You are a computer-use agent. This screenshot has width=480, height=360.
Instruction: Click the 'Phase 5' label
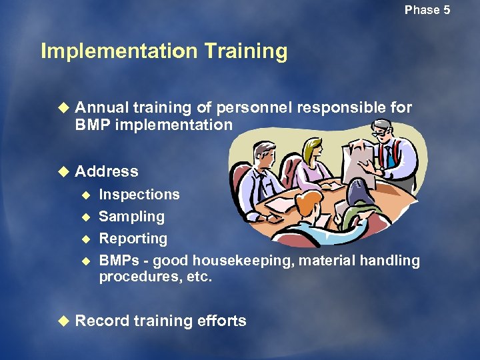427,10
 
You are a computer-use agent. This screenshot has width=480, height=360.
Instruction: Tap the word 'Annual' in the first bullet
101,107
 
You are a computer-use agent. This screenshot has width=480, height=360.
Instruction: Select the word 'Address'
107,171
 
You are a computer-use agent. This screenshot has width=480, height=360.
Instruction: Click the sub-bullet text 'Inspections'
139,195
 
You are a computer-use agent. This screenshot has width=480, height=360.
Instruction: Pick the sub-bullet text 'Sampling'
131,217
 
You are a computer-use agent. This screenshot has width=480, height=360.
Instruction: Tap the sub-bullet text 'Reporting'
133,239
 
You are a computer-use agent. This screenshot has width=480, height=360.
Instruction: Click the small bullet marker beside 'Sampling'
85,217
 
